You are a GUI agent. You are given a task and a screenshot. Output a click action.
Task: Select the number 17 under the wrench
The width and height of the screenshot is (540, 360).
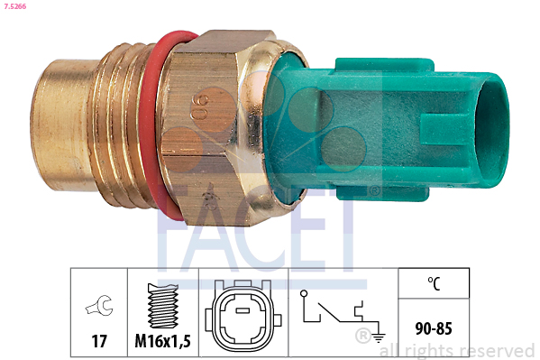[98, 342]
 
